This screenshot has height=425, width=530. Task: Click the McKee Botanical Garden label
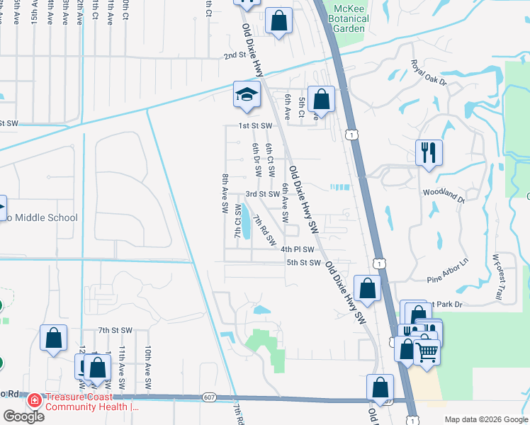pos(349,18)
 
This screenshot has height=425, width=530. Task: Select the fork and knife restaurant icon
pos(429,152)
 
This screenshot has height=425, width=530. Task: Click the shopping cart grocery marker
pos(426,351)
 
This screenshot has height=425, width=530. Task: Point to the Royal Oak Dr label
pos(429,73)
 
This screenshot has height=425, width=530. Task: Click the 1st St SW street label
pos(256,125)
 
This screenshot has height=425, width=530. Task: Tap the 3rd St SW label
pos(263,193)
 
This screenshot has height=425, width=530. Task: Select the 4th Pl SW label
pos(297,249)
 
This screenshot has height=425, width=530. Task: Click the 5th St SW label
pos(304,262)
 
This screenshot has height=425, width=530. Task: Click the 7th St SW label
pos(115,330)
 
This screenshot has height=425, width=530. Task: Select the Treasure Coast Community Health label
pos(90,402)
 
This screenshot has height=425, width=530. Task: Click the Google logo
pos(23,416)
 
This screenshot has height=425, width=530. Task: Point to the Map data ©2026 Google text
pos(485,419)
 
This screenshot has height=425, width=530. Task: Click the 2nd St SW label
pos(239,55)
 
